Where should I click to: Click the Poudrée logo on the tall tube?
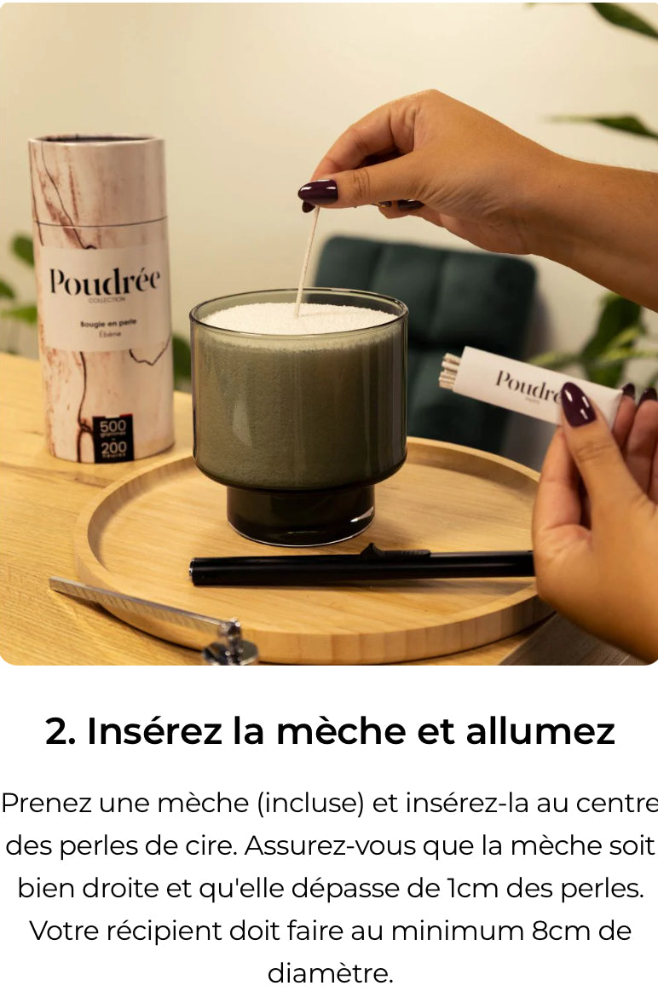[x=104, y=282]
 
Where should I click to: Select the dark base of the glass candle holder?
[x=300, y=513]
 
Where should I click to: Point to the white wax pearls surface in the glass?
[x=298, y=320]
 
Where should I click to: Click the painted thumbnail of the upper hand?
[x=318, y=192]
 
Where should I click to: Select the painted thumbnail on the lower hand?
[x=578, y=404]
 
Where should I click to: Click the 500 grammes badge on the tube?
[x=113, y=426]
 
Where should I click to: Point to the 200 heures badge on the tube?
[x=113, y=448]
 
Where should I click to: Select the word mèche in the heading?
[x=355, y=732]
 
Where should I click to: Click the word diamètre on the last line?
[x=330, y=973]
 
